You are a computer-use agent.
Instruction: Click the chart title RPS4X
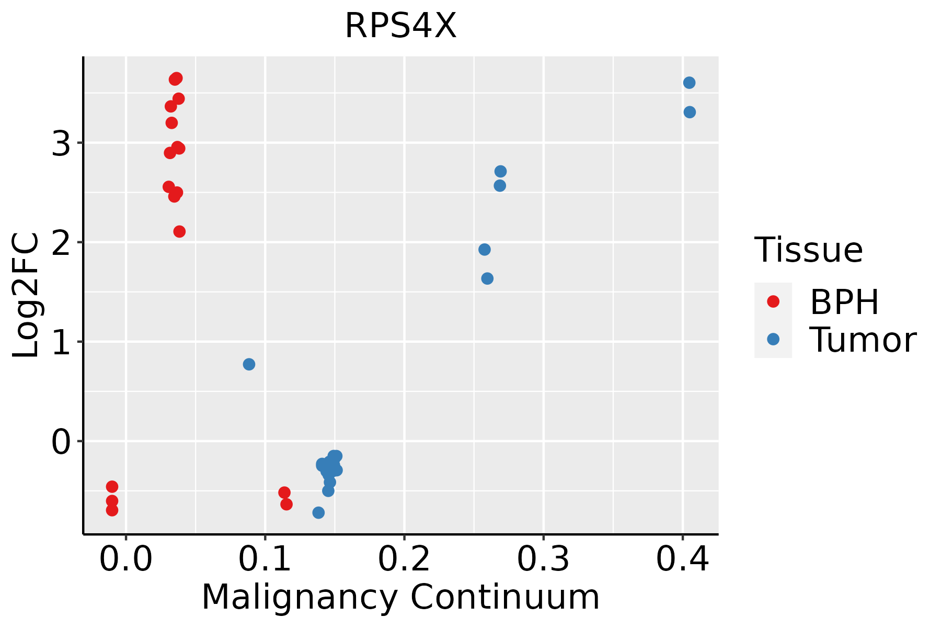coord(401,26)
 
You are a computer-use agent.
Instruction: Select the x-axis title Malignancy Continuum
coord(401,597)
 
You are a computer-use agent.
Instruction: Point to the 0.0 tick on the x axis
coord(126,560)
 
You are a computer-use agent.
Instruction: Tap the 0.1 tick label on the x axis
coord(265,560)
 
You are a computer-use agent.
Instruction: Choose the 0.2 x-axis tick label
coord(404,560)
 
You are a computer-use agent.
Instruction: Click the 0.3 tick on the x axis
coord(544,560)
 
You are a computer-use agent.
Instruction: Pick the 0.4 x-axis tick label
coord(683,560)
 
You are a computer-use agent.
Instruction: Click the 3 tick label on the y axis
coord(61,143)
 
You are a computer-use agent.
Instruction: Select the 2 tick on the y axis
coord(61,242)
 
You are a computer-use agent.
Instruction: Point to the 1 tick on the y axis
coord(61,342)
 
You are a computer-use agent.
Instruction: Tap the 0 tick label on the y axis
coord(61,441)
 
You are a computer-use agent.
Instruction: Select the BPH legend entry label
coord(845,302)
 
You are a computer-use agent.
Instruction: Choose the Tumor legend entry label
coord(863,340)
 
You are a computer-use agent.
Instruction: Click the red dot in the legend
coord(773,301)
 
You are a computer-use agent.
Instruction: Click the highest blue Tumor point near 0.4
coord(689,83)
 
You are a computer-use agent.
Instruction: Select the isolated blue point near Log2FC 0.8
coord(249,364)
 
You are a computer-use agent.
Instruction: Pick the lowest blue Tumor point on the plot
coord(318,512)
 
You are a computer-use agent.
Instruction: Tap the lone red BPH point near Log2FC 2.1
coord(179,231)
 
